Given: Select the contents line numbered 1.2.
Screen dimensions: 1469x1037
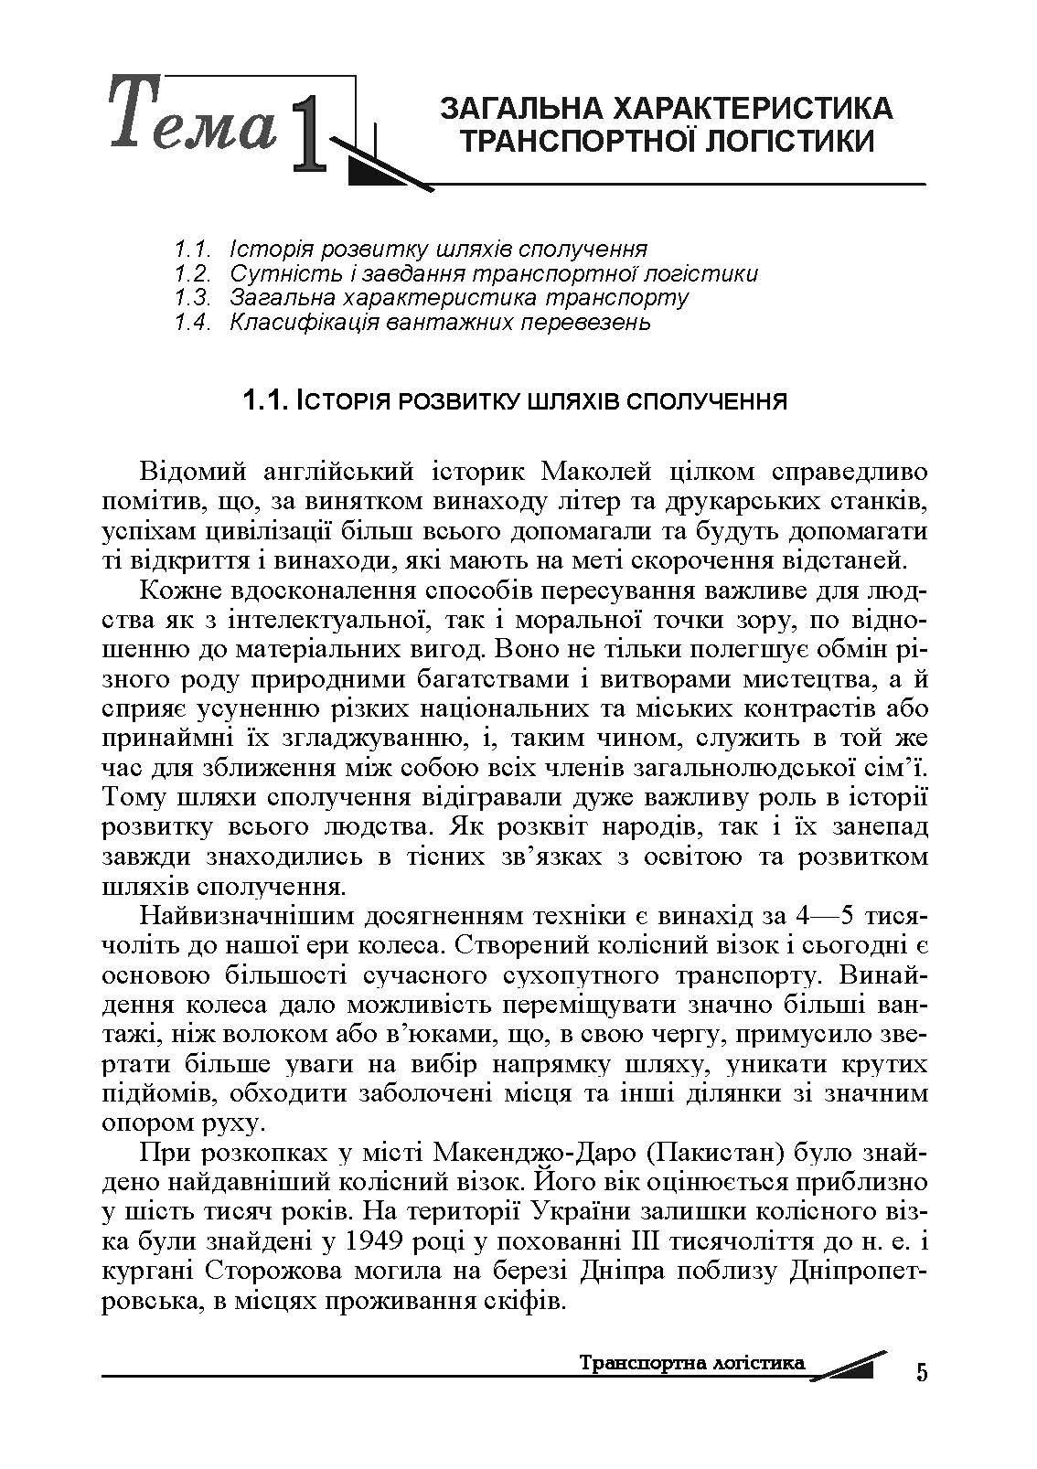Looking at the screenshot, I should pyautogui.click(x=465, y=273).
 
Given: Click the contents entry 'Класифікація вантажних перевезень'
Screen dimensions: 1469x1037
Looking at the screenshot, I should pyautogui.click(x=440, y=322).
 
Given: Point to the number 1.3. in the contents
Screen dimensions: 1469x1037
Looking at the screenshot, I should pyautogui.click(x=194, y=298).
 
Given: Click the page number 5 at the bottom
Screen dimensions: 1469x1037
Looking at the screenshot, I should pyautogui.click(x=921, y=1372).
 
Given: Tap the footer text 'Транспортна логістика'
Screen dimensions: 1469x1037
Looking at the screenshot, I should pyautogui.click(x=692, y=1363).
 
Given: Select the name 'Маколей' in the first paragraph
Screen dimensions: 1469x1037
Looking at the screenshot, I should pyautogui.click(x=596, y=472).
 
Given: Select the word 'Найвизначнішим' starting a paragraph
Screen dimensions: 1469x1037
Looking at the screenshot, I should pyautogui.click(x=238, y=915).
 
